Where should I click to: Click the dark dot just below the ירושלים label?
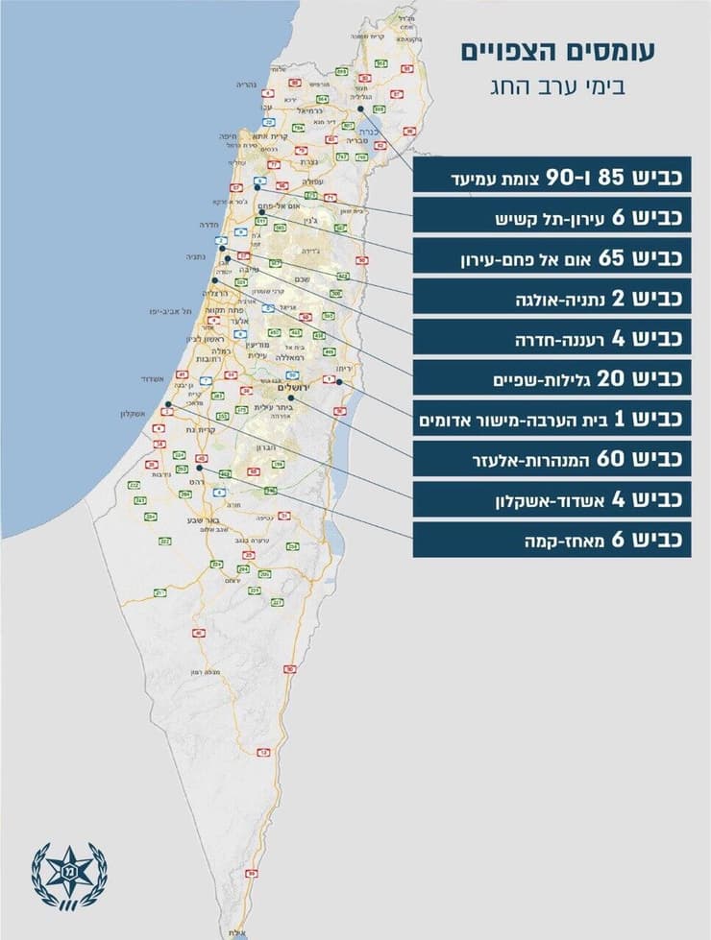click(290, 396)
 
